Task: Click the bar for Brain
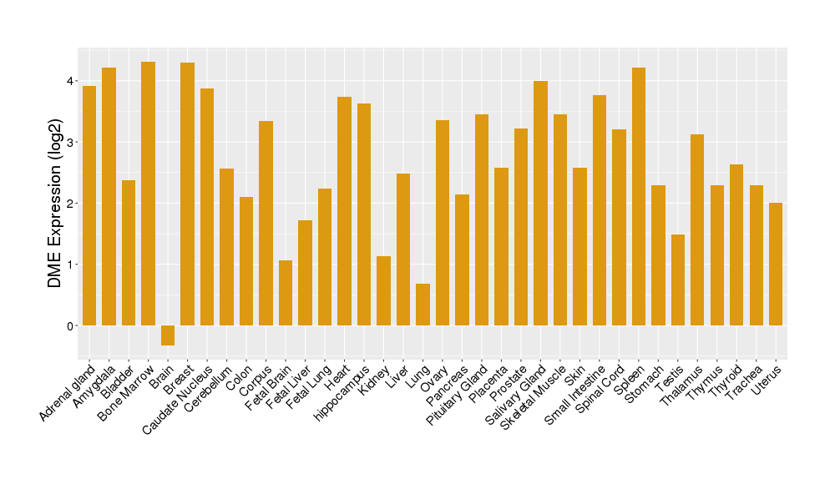(168, 335)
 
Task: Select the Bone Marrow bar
(148, 194)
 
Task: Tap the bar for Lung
(423, 305)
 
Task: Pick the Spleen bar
(639, 197)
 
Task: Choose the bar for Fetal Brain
(286, 293)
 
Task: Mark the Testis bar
(678, 280)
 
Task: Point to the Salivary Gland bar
(540, 204)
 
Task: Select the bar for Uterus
(776, 264)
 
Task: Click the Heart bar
(344, 211)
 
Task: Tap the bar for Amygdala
(109, 197)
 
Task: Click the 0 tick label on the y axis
(70, 325)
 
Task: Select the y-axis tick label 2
(70, 204)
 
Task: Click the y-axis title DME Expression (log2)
(55, 204)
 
